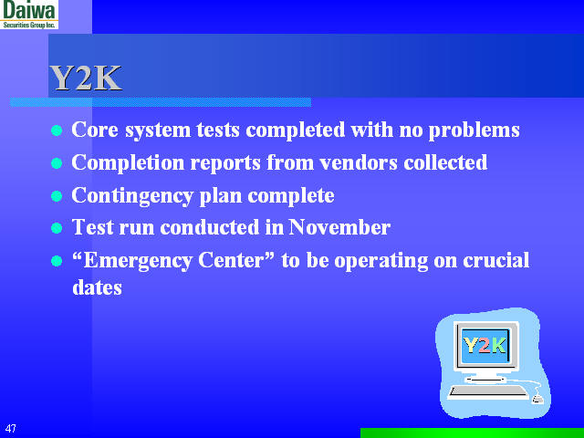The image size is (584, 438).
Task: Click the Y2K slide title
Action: click(x=85, y=78)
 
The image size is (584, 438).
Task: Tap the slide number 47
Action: click(x=11, y=428)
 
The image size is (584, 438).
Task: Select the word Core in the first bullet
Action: click(x=92, y=130)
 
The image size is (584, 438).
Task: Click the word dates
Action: click(x=97, y=287)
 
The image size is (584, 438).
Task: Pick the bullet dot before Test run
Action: click(x=56, y=228)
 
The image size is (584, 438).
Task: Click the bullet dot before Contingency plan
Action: click(x=56, y=196)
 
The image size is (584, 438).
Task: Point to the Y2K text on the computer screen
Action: click(x=484, y=345)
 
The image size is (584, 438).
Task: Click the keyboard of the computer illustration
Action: click(x=488, y=391)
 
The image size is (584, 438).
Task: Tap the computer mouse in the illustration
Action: click(x=537, y=399)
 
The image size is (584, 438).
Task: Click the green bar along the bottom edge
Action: click(x=472, y=433)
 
